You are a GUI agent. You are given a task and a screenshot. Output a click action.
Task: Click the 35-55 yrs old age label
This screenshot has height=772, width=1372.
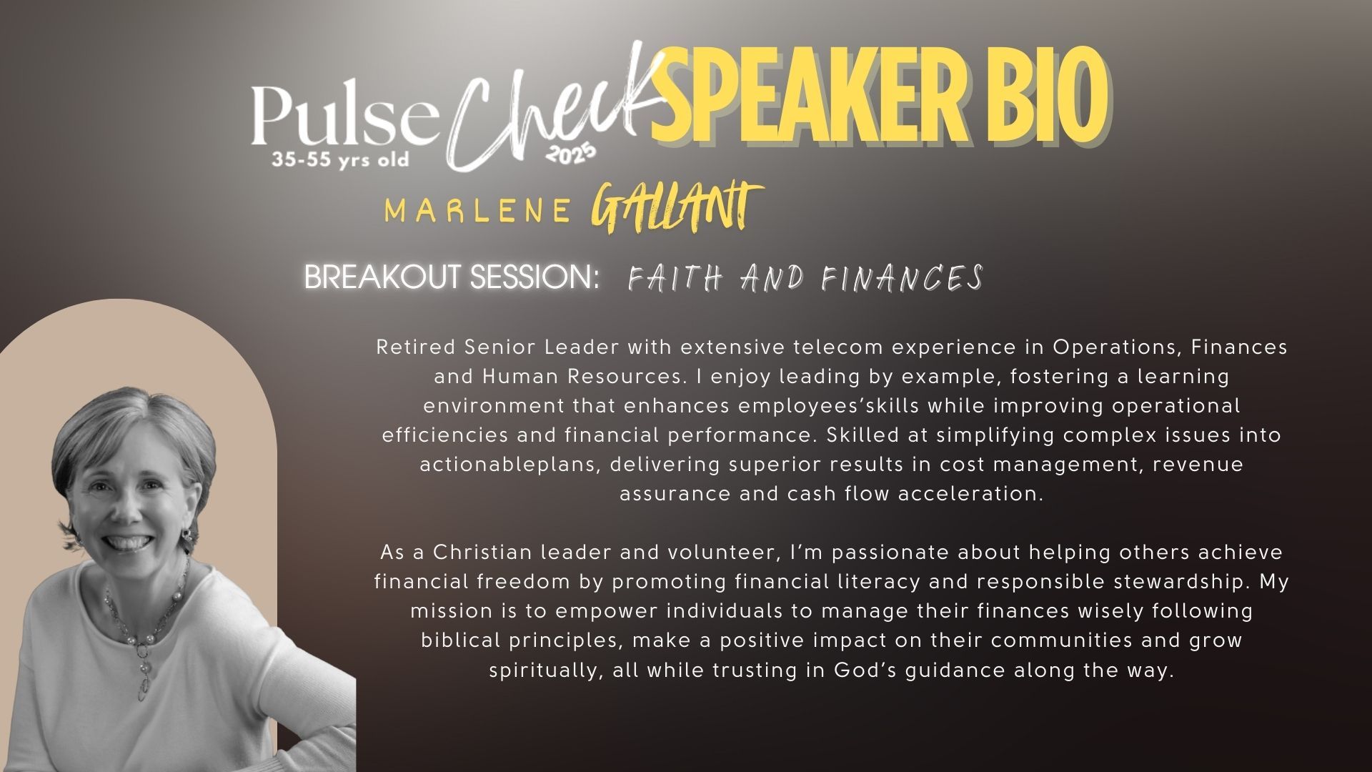[x=340, y=159]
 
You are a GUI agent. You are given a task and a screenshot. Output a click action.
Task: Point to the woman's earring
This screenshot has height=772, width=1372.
[x=187, y=535]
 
